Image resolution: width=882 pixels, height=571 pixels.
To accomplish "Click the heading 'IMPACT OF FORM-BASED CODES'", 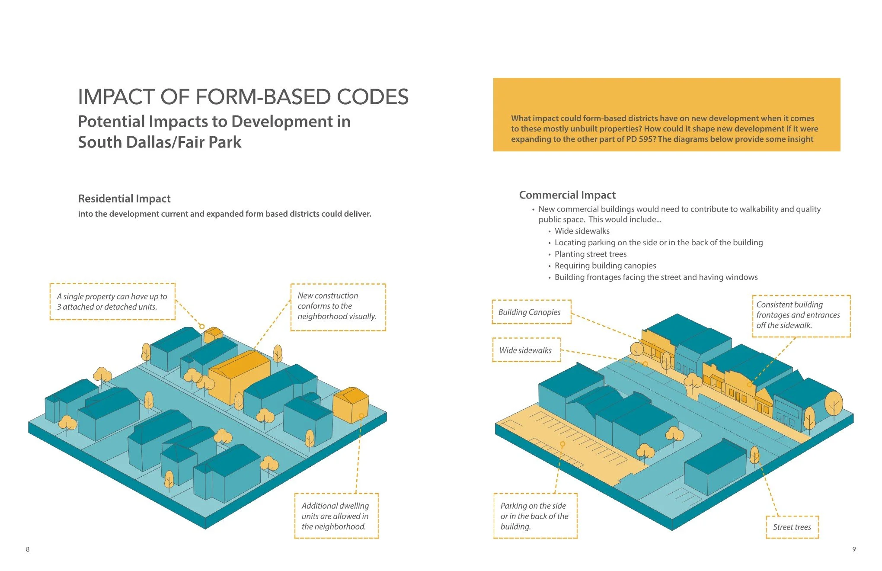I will tap(243, 97).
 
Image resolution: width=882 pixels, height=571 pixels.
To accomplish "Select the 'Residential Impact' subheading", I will tap(124, 199).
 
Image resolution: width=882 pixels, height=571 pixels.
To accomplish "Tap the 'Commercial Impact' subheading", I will tap(567, 195).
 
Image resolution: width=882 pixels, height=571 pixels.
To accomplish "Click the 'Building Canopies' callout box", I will tap(531, 312).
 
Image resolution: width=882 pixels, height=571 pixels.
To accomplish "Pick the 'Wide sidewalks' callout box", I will tap(526, 350).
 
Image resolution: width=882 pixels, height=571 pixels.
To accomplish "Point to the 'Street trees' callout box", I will tap(792, 527).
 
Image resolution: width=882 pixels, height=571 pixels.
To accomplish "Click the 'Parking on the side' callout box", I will tap(535, 516).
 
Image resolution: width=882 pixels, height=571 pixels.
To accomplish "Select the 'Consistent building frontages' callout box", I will tap(801, 315).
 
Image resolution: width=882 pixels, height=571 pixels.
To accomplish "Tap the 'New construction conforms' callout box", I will tap(338, 306).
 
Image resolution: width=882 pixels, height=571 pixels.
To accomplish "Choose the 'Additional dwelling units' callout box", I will tap(336, 516).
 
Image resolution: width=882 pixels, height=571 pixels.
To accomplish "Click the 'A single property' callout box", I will tap(112, 302).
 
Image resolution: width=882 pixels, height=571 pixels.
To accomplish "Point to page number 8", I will tap(28, 549).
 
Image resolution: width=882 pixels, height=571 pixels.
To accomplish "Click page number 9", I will tap(854, 549).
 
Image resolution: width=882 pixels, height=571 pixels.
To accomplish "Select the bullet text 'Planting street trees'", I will tap(591, 254).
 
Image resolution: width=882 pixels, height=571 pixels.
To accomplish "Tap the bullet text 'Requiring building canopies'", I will tap(605, 266).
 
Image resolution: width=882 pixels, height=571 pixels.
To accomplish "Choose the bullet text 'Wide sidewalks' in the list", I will tap(582, 231).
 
